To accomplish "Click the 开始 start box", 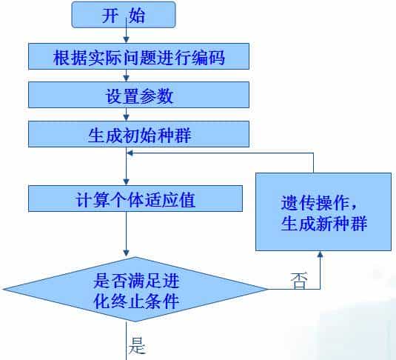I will pos(124,15).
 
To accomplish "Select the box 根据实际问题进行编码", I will pos(139,56).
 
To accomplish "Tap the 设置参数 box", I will pos(139,95).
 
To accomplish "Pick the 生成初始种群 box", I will pos(139,134).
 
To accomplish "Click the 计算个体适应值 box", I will pos(135,199).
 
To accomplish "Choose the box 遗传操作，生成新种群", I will pos(323,212).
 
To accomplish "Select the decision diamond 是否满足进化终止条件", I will pos(136,290).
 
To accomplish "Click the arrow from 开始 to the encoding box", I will pos(127,36).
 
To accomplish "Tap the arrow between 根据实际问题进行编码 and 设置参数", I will pos(127,76).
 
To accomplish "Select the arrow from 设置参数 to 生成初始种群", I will pos(127,115).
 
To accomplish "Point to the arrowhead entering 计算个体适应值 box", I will pos(127,181).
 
